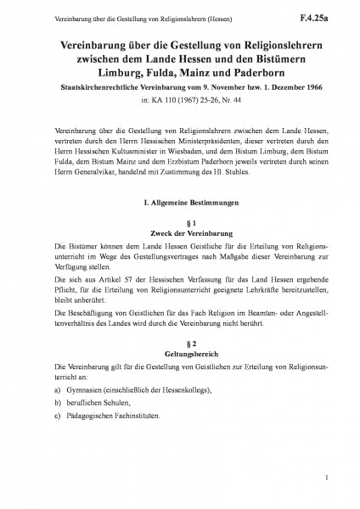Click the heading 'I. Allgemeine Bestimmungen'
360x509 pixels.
[x=180, y=204]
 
